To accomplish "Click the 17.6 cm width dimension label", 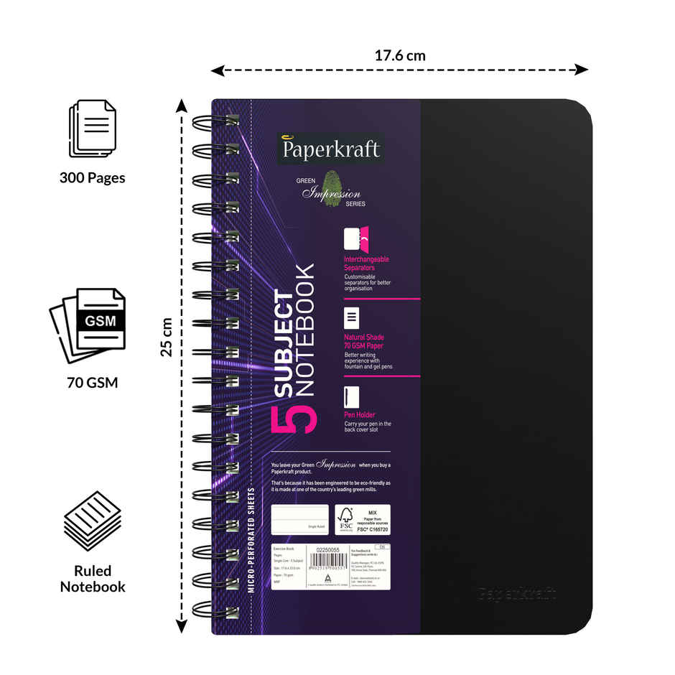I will tap(400, 55).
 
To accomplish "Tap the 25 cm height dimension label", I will tap(167, 337).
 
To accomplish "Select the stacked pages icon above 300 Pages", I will tap(91, 129).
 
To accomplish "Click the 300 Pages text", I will tap(92, 177).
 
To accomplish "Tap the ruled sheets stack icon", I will tap(91, 521).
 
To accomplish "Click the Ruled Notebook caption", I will tap(92, 579).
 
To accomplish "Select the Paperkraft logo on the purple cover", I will tap(330, 151).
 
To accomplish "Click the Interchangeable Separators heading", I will tap(366, 263).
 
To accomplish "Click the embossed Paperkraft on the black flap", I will tap(517, 594).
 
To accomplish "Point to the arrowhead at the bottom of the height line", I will tap(182, 626).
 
